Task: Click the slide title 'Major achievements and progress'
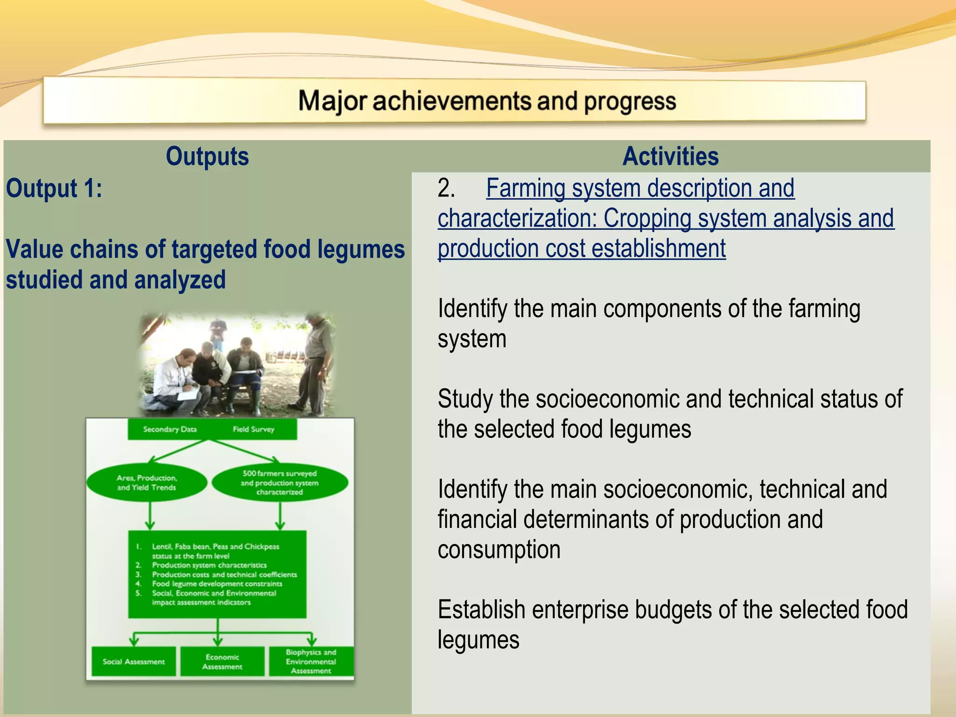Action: pos(487,101)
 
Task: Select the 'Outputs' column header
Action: pos(207,156)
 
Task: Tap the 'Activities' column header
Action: pos(670,156)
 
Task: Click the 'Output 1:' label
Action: pos(54,189)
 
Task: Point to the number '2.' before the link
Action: pos(446,188)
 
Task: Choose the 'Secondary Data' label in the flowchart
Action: pos(169,429)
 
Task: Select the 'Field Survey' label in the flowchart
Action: pos(253,429)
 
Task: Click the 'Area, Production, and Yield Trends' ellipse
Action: pos(147,483)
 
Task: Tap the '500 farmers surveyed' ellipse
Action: pos(280,483)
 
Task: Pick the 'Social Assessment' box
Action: pos(134,661)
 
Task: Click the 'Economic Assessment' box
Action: pos(222,661)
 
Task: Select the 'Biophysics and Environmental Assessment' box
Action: pos(311,661)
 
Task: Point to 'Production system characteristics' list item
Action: pos(209,565)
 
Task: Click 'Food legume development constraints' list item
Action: pos(217,584)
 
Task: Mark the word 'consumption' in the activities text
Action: pos(499,550)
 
